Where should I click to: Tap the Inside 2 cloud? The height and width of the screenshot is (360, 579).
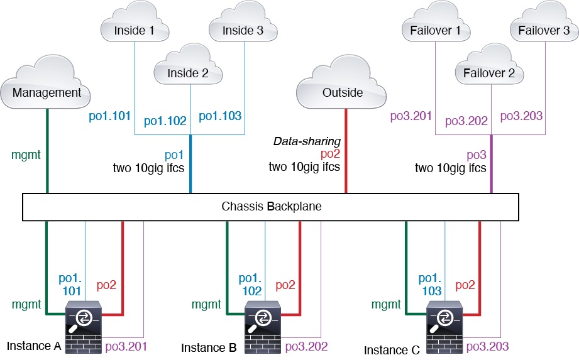point(187,73)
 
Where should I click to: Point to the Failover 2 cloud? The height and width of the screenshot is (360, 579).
point(488,73)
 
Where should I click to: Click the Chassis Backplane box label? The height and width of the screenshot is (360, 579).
point(271,206)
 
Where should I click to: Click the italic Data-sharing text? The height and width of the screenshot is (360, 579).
point(306,142)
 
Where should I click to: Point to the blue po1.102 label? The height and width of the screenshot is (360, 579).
point(165,121)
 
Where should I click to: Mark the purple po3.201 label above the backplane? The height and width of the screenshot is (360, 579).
point(411,116)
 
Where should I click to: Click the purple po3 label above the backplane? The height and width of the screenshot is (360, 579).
point(475,155)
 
